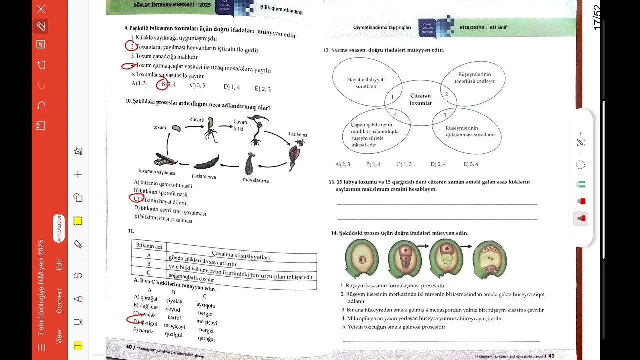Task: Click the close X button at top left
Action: pyautogui.click(x=41, y=9)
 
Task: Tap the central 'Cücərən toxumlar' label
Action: pyautogui.click(x=420, y=99)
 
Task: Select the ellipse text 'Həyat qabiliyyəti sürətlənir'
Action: pyautogui.click(x=366, y=83)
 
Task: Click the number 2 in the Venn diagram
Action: pyautogui.click(x=446, y=94)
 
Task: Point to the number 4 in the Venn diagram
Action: pyautogui.click(x=395, y=114)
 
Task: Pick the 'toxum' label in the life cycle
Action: pyautogui.click(x=159, y=127)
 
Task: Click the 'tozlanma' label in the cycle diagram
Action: pyautogui.click(x=298, y=134)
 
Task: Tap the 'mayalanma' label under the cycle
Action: pyautogui.click(x=256, y=180)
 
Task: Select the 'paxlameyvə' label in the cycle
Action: pyautogui.click(x=204, y=176)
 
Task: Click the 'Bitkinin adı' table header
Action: pyautogui.click(x=149, y=246)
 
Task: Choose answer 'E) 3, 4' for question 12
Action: pyautogui.click(x=470, y=164)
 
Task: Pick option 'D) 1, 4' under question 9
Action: pyautogui.click(x=231, y=87)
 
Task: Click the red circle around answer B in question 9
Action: pyautogui.click(x=162, y=84)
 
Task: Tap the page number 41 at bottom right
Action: pyautogui.click(x=551, y=356)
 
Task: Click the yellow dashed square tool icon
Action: pyautogui.click(x=78, y=221)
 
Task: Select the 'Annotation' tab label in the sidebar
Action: pyautogui.click(x=59, y=228)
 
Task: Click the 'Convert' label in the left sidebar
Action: pyautogui.click(x=59, y=301)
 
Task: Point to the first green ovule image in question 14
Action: pyautogui.click(x=362, y=258)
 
